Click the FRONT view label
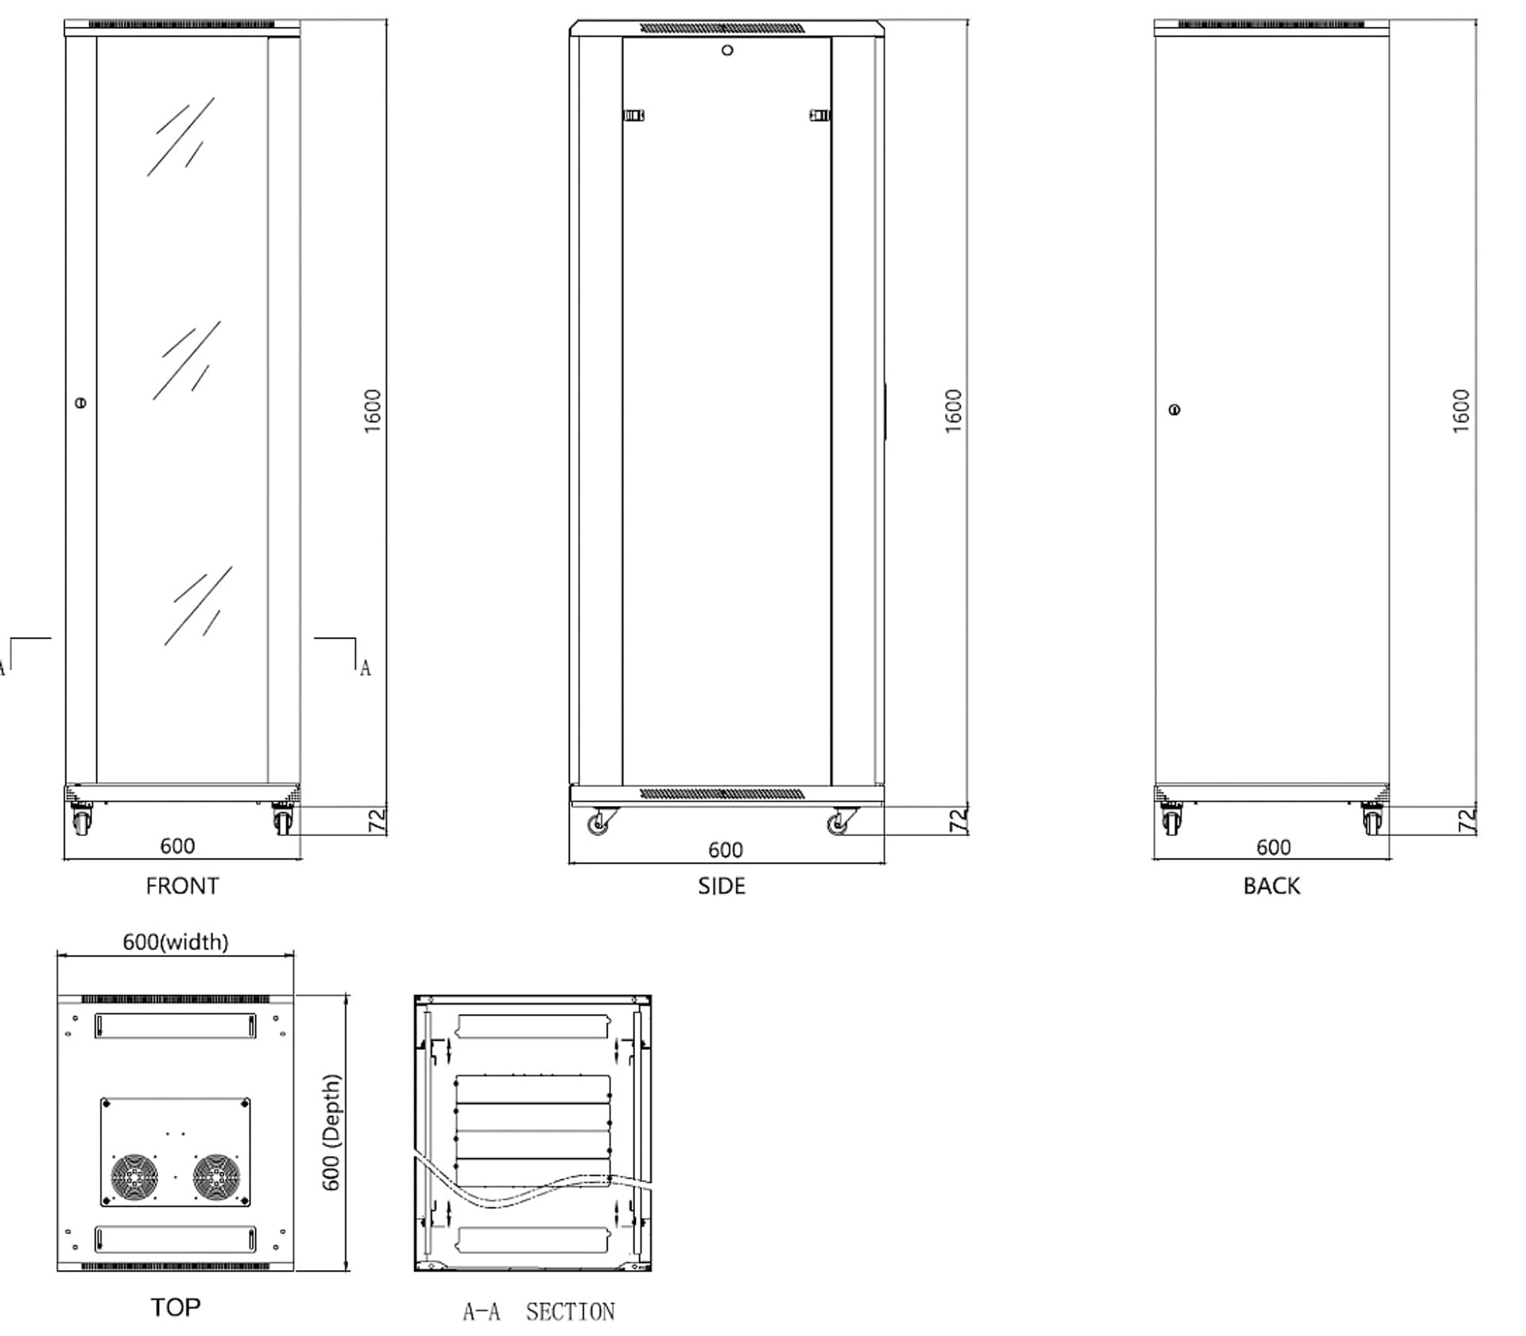click(x=182, y=885)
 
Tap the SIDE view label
click(x=722, y=885)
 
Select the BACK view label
click(x=1271, y=885)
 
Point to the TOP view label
click(x=176, y=1307)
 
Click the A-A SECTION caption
click(x=539, y=1311)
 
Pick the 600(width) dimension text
click(x=175, y=942)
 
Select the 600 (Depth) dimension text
click(x=331, y=1133)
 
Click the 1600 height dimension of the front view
click(x=372, y=411)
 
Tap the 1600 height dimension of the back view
click(x=1461, y=411)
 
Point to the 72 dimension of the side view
click(x=959, y=820)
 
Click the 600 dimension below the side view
click(x=725, y=850)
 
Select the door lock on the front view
click(x=80, y=403)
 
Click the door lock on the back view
click(x=1175, y=410)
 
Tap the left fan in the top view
click(x=134, y=1177)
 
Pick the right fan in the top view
click(x=216, y=1177)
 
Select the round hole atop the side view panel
click(x=727, y=51)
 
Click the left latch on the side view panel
click(x=633, y=115)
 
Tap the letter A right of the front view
click(x=365, y=668)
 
